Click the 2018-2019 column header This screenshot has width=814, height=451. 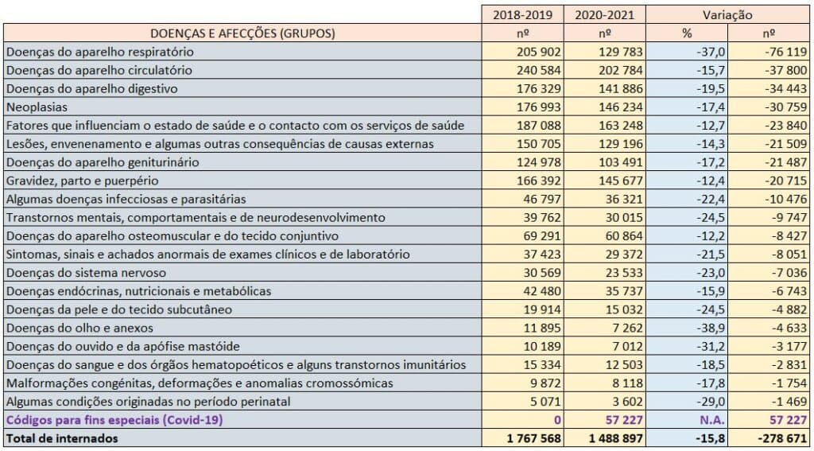click(523, 14)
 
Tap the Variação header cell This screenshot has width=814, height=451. click(728, 14)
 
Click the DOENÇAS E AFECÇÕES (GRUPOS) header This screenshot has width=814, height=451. click(242, 33)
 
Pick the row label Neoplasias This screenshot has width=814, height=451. click(37, 107)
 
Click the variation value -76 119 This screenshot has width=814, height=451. click(785, 52)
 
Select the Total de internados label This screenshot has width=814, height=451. click(62, 438)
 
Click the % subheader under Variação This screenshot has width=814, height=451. click(687, 33)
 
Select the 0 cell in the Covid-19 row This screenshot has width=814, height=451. click(558, 420)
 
